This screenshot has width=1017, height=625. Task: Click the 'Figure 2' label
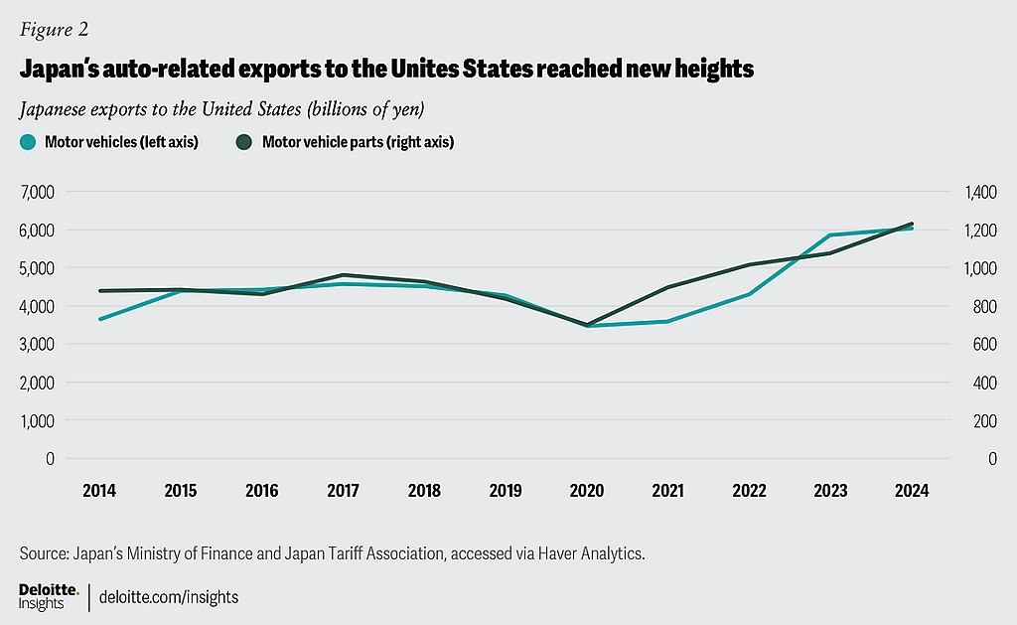point(47,29)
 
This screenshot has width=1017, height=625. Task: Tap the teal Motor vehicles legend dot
point(28,142)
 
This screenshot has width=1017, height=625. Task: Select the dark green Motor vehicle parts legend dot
point(244,142)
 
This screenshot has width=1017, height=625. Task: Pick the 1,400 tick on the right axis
point(982,192)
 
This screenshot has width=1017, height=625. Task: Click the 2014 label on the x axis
point(98,491)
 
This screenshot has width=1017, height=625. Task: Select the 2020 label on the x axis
point(587,491)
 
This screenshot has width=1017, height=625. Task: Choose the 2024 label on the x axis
point(912,491)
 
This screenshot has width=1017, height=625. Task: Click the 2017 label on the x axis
point(343,491)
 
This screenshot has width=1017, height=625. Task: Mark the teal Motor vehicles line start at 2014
point(99,319)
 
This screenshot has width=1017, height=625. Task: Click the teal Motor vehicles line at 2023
point(830,235)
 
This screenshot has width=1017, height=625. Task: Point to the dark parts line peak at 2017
point(343,275)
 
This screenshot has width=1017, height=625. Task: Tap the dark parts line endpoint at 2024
point(912,224)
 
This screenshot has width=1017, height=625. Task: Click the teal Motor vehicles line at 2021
point(668,321)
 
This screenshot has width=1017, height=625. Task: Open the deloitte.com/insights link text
point(169,598)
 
